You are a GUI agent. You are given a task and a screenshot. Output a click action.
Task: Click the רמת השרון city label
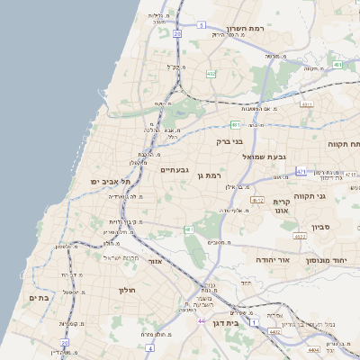[244, 28]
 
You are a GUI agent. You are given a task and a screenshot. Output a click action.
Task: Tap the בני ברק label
[230, 141]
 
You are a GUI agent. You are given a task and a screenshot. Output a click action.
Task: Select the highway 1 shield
[256, 321]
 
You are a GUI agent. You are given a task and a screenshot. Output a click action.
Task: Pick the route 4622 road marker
[256, 201]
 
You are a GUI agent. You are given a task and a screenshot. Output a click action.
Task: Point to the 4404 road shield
[313, 349]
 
